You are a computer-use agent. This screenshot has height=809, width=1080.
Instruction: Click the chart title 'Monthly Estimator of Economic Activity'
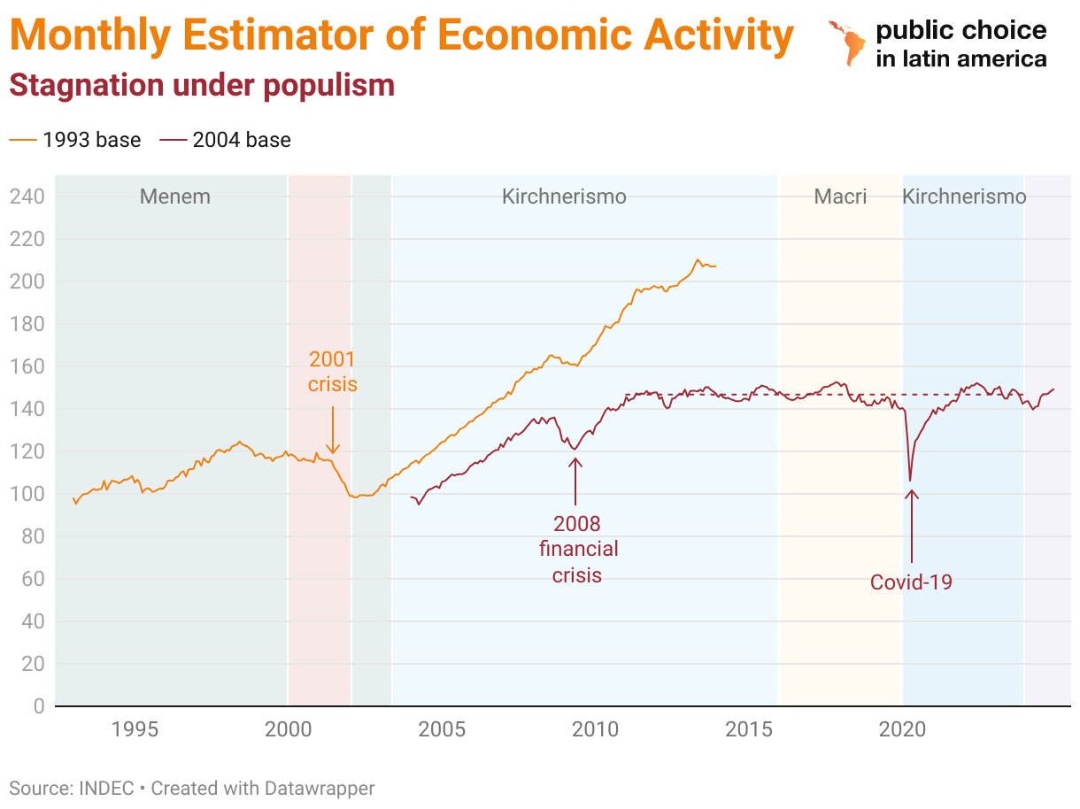click(x=401, y=35)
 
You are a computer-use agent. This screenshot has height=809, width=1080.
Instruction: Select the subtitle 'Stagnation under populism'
click(x=202, y=85)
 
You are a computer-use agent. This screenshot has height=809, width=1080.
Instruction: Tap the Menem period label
click(x=175, y=196)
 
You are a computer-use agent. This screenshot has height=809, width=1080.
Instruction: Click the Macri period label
click(x=840, y=196)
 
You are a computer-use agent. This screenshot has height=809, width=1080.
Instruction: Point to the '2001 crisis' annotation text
click(x=332, y=372)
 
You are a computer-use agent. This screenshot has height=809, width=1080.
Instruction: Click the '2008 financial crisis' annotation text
click(x=578, y=549)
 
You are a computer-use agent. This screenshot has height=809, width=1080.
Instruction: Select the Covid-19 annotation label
click(x=911, y=582)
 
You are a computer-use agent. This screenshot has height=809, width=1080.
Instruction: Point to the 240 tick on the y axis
click(x=27, y=196)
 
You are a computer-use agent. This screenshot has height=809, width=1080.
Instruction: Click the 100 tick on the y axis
click(x=27, y=494)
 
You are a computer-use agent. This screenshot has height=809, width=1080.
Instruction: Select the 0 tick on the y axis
click(x=38, y=706)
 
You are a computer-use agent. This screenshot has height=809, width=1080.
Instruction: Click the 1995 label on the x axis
click(x=135, y=730)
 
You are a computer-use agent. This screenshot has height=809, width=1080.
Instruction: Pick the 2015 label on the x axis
click(x=749, y=730)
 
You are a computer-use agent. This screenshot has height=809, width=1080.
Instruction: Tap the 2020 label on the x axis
click(x=902, y=730)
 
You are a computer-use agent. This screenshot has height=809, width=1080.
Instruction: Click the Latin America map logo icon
click(x=845, y=42)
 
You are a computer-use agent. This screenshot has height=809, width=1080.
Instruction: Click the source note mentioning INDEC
click(x=192, y=788)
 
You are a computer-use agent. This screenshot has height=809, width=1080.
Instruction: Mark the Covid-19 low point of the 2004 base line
click(x=910, y=481)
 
